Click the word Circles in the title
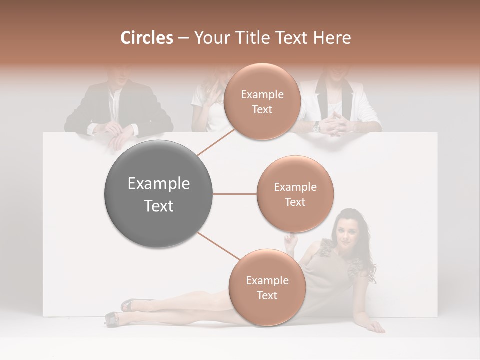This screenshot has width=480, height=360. tap(146, 38)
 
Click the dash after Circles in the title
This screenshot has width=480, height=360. tap(183, 38)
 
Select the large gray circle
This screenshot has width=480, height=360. tap(159, 194)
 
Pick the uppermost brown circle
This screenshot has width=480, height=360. tap(262, 101)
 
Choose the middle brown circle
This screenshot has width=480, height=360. tap(295, 194)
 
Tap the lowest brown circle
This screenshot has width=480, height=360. tap(267, 287)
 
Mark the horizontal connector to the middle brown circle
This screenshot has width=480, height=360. tap(235, 194)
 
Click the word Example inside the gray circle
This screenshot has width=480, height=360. tap(159, 184)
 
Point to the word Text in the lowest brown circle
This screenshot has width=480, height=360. tap(267, 295)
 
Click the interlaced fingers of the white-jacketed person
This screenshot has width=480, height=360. tap(333, 122)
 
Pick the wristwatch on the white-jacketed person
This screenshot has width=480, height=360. tap(316, 128)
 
